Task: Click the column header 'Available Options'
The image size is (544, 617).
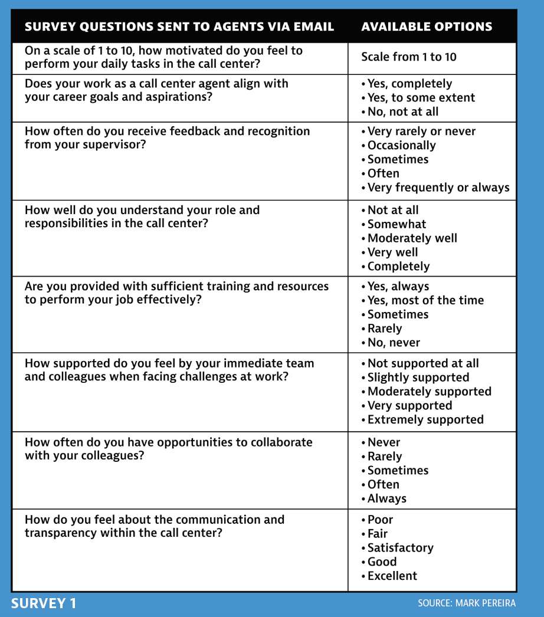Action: [426, 27]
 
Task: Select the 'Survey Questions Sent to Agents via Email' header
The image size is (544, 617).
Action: [179, 27]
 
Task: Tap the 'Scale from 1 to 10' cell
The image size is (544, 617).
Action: [409, 57]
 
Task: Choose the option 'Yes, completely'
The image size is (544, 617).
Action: [409, 84]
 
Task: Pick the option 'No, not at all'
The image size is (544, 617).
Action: [402, 111]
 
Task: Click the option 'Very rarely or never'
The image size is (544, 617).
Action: [421, 132]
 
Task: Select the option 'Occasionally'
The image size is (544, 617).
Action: [401, 145]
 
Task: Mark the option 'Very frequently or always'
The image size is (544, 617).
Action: [438, 188]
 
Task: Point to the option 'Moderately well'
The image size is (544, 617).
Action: [412, 238]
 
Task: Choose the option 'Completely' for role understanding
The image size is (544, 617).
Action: [398, 266]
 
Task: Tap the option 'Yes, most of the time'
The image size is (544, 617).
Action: [425, 300]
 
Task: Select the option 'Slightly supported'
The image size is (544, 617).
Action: [418, 378]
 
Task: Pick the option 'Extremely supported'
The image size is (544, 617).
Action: [425, 419]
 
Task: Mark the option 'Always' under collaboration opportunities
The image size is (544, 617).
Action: [386, 498]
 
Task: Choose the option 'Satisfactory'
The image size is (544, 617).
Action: [400, 548]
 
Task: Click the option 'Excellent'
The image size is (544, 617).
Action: [392, 576]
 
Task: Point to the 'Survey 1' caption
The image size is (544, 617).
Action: [44, 604]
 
